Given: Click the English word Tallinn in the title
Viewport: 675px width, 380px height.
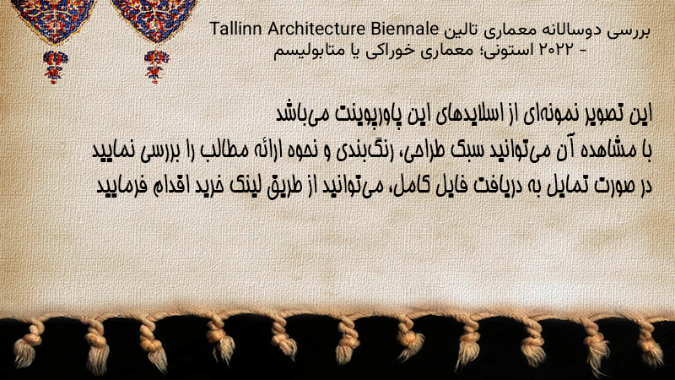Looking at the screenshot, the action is pos(236,29).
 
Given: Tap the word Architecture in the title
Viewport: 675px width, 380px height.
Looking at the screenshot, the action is pos(316,29).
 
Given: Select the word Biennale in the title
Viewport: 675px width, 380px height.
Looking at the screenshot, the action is pos(404,29).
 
